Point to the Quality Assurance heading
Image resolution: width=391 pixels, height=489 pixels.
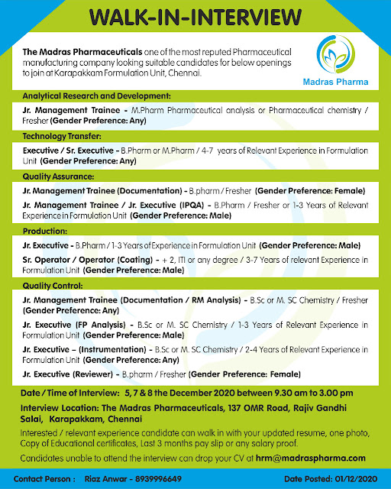pos(57,175)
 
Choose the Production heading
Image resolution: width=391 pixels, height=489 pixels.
pos(44,230)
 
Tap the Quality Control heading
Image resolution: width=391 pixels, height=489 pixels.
pos(53,285)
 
